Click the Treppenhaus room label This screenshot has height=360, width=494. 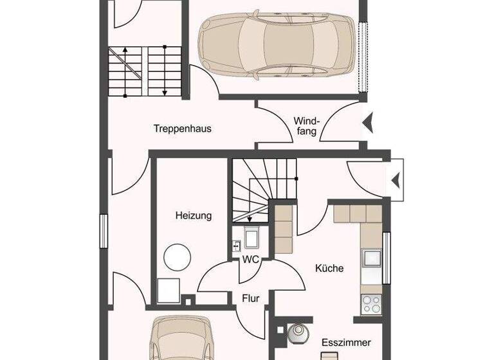182,129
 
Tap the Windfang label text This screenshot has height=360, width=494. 306,126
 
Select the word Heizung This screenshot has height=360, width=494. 194,216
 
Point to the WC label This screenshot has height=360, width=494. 250,260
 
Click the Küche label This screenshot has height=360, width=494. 329,268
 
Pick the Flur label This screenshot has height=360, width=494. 250,298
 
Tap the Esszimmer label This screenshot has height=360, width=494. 346,343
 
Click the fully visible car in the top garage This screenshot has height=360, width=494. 277,45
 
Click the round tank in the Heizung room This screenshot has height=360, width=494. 177,258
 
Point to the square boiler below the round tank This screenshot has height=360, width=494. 170,290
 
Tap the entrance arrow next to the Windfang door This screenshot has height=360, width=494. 368,122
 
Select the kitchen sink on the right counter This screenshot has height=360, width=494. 372,258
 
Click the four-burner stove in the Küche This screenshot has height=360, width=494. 372,303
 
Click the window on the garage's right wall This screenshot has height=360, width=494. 364,57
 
